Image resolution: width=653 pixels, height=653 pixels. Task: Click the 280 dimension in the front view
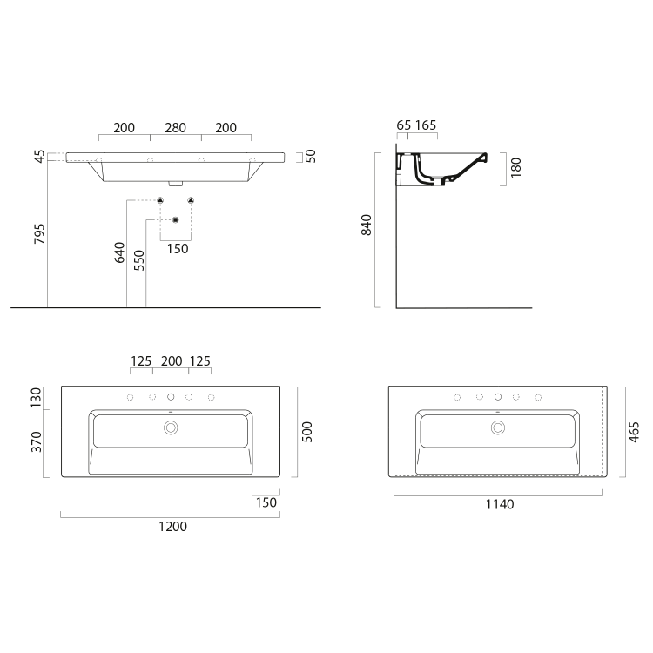pos(175,128)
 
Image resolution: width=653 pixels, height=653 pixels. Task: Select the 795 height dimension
pos(39,233)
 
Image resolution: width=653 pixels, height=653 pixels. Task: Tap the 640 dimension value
pos(119,253)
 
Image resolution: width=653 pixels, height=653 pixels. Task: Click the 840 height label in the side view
pos(367,225)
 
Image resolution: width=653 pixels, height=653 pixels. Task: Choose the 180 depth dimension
pos(515,167)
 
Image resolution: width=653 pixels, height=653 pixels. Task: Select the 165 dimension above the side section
pos(426,125)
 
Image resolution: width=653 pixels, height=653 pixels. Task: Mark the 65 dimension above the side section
pos(403,125)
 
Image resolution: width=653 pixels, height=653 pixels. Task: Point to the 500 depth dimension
pos(306,430)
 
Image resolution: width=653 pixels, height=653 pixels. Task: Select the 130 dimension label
pos(37,397)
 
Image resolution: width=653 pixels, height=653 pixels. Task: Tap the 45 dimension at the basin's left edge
pos(39,157)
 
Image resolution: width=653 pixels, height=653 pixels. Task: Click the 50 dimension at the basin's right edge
pos(310,157)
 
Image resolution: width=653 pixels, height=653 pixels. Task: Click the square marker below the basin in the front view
pos(175,219)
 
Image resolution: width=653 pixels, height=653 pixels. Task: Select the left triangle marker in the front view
pos(160,200)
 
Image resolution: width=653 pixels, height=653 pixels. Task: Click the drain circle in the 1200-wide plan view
pos(171,427)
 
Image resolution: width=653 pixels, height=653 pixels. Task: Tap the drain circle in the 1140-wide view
pos(498,427)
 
